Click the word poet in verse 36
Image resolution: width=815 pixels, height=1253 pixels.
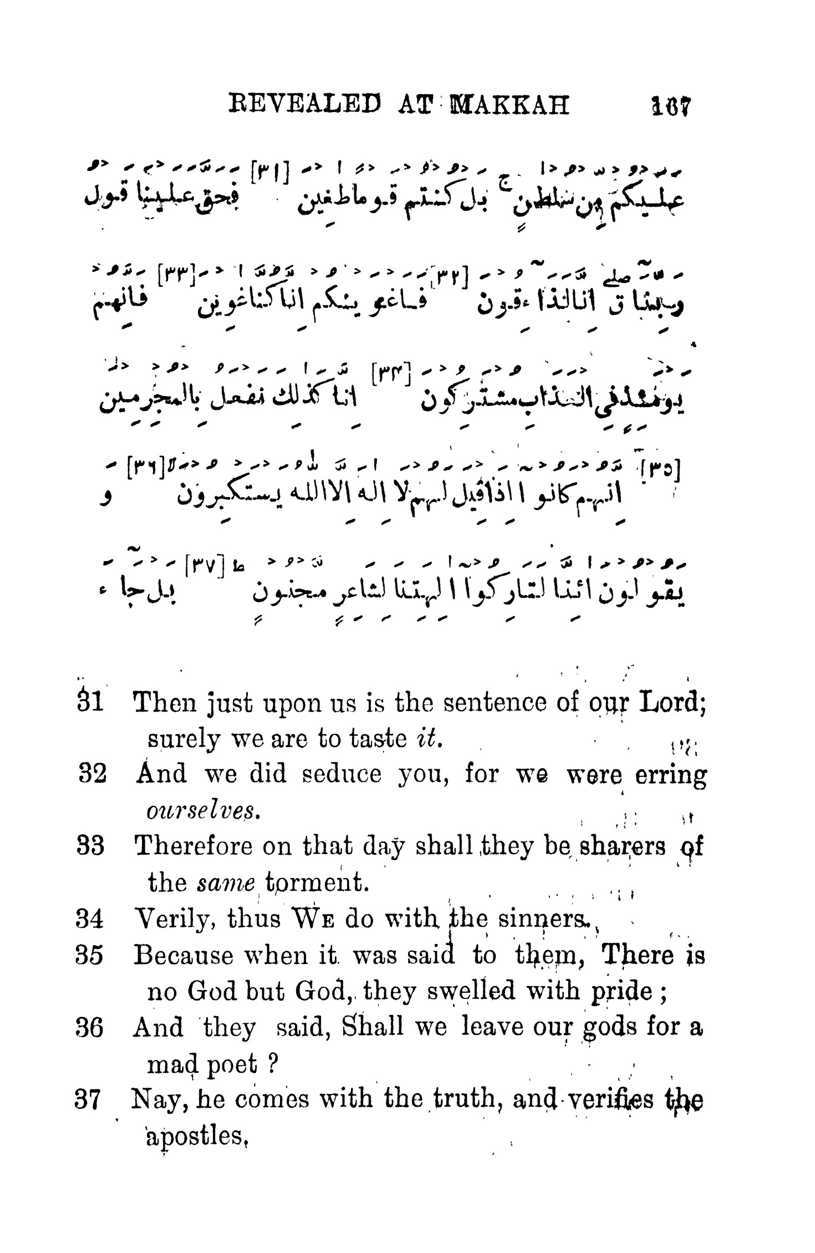tap(232, 1063)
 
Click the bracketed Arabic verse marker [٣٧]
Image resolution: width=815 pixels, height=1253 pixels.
tap(205, 567)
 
